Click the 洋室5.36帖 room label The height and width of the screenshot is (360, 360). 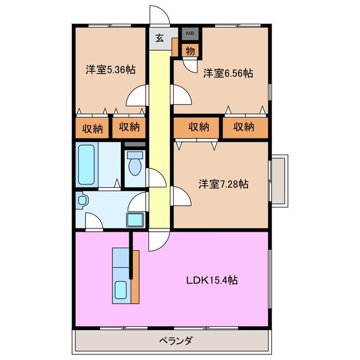pos(110,70)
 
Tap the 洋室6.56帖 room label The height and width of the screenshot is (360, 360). pos(227,73)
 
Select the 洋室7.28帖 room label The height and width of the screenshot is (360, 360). pos(224,184)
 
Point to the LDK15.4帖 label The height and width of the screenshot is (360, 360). pos(211,280)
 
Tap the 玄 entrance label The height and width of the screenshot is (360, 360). pos(159,38)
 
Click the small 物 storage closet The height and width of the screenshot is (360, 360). pos(190,51)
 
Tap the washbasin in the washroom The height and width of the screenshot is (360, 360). pos(82,200)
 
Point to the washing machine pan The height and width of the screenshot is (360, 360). pos(135,220)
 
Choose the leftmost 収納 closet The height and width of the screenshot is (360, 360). pos(93,128)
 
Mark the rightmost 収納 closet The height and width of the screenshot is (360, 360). pos(244,127)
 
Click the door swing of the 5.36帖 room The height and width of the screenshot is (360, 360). pos(138,97)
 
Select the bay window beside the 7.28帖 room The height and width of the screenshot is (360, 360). pos(279,180)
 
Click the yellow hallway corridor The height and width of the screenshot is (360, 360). pos(160,141)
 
